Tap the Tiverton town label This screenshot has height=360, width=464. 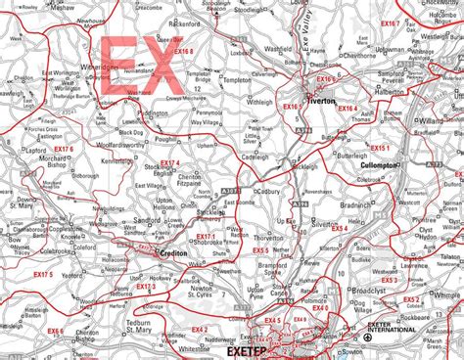(324, 99)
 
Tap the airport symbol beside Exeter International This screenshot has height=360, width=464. (367, 338)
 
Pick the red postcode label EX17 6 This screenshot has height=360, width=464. (64, 149)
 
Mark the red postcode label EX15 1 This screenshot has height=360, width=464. (379, 148)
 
